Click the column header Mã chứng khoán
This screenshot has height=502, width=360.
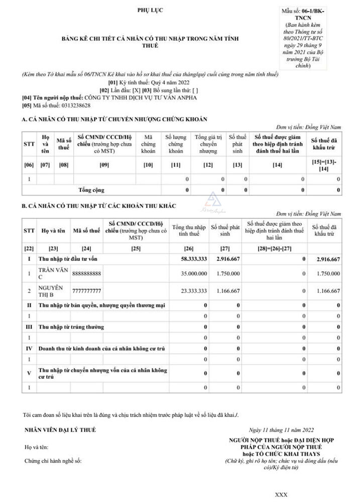[148, 144]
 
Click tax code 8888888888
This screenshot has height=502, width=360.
[87, 274]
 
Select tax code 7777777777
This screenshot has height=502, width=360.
[87, 291]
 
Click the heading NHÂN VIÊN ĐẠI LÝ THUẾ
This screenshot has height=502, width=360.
[60, 430]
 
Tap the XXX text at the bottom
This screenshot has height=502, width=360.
[281, 494]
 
